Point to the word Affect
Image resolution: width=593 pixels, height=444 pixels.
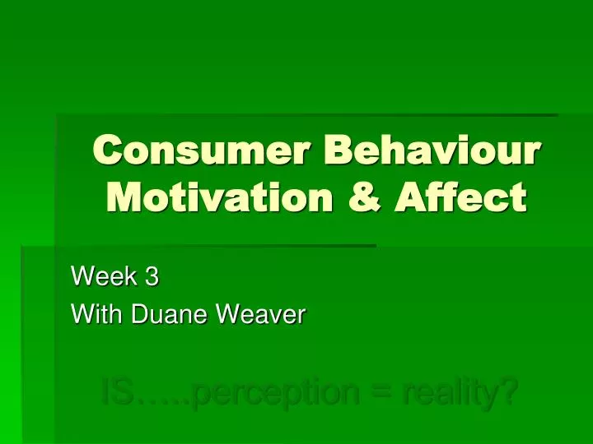pyautogui.click(x=463, y=199)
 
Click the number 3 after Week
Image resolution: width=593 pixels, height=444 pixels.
pyautogui.click(x=152, y=277)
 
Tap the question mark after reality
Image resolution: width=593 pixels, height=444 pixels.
pyautogui.click(x=510, y=390)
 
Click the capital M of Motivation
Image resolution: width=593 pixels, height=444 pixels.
pyautogui.click(x=124, y=199)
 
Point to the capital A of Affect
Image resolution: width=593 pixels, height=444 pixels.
pyautogui.click(x=410, y=199)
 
